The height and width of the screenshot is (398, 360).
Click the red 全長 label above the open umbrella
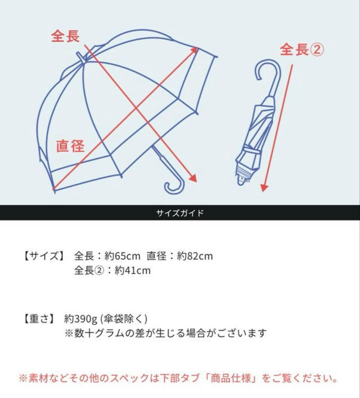(x=65, y=36)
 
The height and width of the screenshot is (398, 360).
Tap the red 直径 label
(x=70, y=146)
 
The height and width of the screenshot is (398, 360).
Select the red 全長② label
(x=302, y=50)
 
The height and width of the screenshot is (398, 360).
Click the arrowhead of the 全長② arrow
(x=263, y=188)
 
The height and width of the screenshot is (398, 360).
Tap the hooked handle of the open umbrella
(x=174, y=186)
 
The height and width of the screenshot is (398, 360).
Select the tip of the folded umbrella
(x=241, y=181)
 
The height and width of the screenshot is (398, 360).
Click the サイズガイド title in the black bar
(x=180, y=213)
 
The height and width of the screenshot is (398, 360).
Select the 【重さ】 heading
(x=39, y=318)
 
